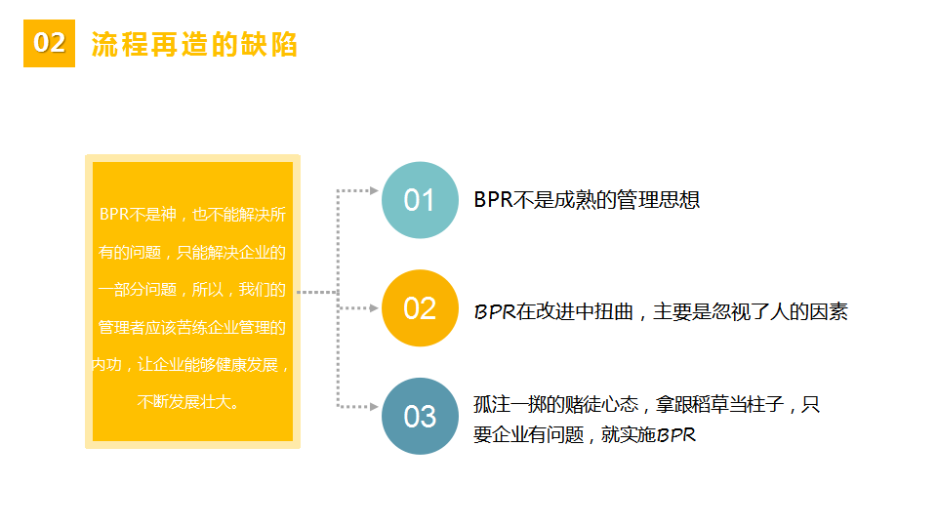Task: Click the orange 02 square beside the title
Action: [49, 43]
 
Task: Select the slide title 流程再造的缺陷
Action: [194, 44]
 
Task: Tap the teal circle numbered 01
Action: [420, 200]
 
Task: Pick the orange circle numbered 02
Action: [420, 308]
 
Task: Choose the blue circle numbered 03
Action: [420, 417]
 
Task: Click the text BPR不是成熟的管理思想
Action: [587, 199]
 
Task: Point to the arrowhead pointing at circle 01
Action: [374, 190]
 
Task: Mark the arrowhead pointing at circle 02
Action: [374, 308]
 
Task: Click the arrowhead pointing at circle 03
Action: [374, 407]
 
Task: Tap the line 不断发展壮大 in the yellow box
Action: [188, 401]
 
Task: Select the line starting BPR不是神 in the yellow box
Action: [192, 215]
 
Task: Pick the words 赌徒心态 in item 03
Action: [602, 404]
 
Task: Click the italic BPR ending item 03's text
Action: [676, 435]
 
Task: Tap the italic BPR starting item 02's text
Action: [494, 312]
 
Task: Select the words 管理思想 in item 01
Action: [658, 199]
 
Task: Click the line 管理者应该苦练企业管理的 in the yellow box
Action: [192, 328]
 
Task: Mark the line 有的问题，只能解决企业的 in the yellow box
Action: [192, 252]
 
